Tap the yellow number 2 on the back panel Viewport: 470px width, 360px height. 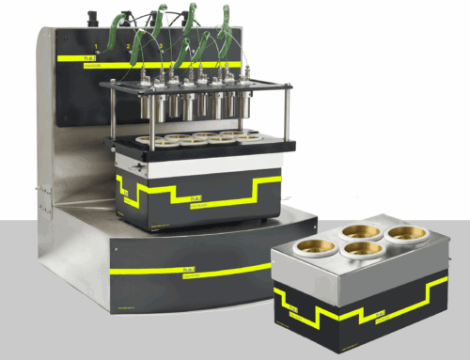(129, 45)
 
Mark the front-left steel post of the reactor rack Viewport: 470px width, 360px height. (115, 113)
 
